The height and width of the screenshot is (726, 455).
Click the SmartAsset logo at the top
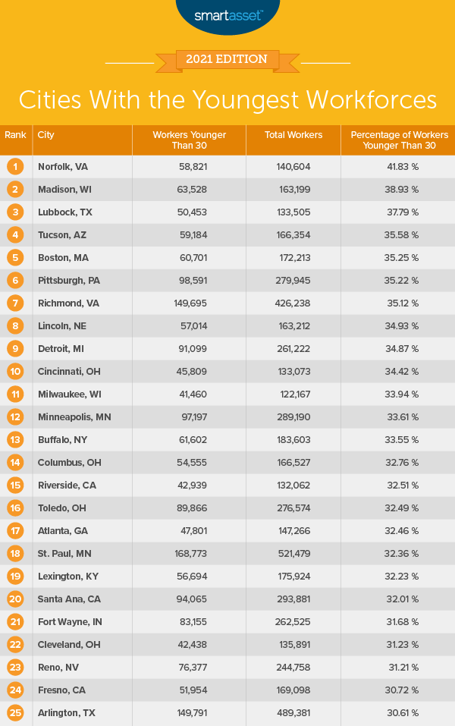[x=227, y=14]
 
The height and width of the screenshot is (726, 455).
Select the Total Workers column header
[x=293, y=135]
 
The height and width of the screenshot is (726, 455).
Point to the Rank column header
[x=15, y=135]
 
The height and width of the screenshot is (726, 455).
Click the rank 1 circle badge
[x=15, y=166]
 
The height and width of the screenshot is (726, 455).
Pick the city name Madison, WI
[x=64, y=189]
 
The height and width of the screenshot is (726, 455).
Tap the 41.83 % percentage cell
[x=399, y=166]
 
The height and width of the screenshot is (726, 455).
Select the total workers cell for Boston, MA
[x=293, y=257]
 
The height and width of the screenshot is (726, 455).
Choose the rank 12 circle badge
[x=15, y=416]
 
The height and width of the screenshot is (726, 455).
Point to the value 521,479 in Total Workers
[x=293, y=553]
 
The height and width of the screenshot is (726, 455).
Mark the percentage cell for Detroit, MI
[x=399, y=348]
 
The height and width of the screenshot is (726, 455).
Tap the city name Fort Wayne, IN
[x=69, y=621]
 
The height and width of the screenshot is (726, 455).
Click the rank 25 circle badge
[x=15, y=712]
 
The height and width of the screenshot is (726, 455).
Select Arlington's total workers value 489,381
[x=293, y=712]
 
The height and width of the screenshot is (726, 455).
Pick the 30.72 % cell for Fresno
[x=399, y=690]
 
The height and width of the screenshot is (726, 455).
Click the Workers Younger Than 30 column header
[x=190, y=140]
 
